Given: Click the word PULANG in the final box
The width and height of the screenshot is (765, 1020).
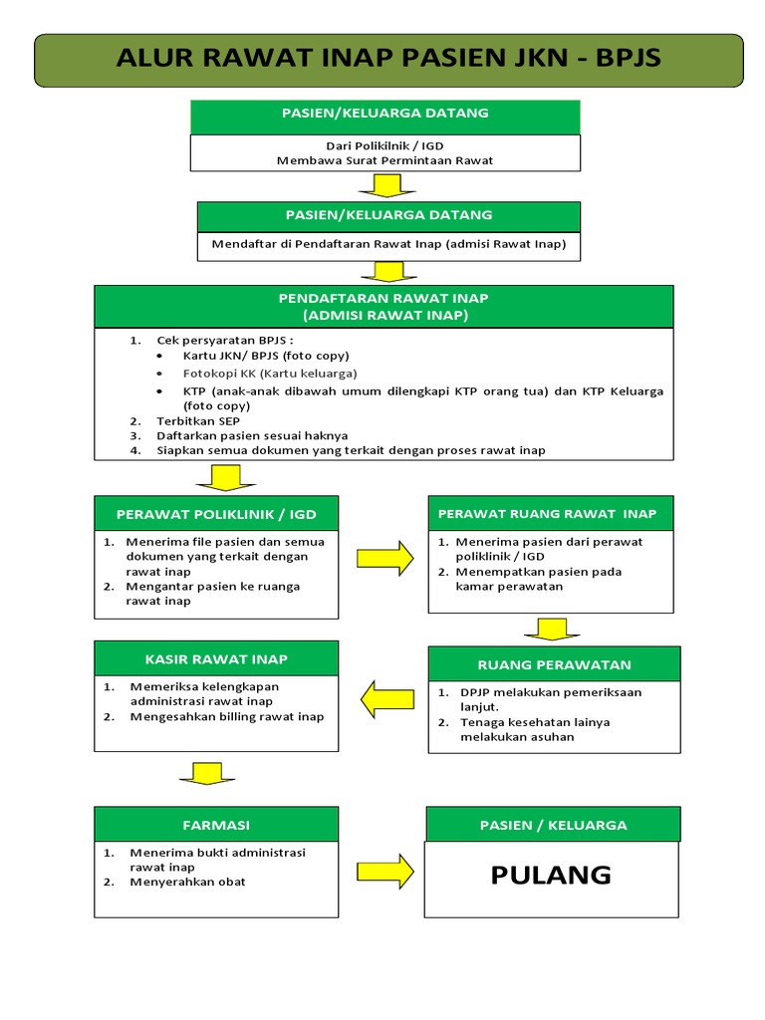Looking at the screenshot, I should (551, 876).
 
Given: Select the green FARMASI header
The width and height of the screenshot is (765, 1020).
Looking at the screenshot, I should (216, 825).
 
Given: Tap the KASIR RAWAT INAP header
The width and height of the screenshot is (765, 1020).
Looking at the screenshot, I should (216, 658).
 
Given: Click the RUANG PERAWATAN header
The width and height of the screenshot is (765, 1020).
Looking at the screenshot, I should (554, 664).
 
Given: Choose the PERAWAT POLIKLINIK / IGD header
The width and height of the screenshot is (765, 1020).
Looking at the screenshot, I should (216, 514).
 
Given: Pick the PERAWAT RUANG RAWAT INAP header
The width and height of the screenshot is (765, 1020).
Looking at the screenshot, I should (551, 513).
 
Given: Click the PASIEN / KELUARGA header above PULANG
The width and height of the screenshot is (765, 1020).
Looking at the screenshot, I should (553, 825).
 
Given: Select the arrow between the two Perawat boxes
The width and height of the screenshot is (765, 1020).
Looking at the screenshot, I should (385, 558).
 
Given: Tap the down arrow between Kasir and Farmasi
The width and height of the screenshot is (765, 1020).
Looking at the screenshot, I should (208, 774).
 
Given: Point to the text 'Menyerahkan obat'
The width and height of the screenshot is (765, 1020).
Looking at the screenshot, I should (187, 882).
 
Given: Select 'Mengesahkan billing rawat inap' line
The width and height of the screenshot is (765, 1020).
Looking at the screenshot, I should (226, 716).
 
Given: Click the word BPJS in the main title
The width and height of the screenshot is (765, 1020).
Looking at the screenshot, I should (628, 58).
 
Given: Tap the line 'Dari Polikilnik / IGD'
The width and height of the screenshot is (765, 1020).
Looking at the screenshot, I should (384, 145).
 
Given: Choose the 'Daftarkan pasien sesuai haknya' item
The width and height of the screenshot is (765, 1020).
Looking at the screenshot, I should (252, 436).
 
